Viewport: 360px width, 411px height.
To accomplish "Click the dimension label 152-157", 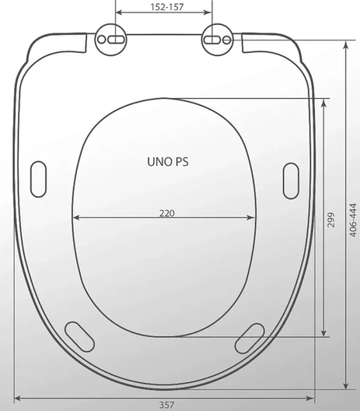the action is [166, 7].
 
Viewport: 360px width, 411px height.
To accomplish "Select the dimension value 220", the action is [166, 213].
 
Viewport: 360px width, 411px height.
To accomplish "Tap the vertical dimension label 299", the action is [330, 220].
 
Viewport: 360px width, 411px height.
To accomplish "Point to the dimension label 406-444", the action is [353, 220].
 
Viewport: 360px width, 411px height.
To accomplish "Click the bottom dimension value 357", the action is [166, 406].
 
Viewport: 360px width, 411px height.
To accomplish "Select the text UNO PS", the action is [168, 162].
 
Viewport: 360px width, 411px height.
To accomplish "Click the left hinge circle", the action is [110, 40].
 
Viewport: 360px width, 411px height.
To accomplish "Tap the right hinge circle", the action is [217, 40].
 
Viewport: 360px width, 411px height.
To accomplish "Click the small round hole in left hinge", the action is [101, 40].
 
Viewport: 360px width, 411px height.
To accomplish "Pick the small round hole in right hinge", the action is [227, 40].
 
